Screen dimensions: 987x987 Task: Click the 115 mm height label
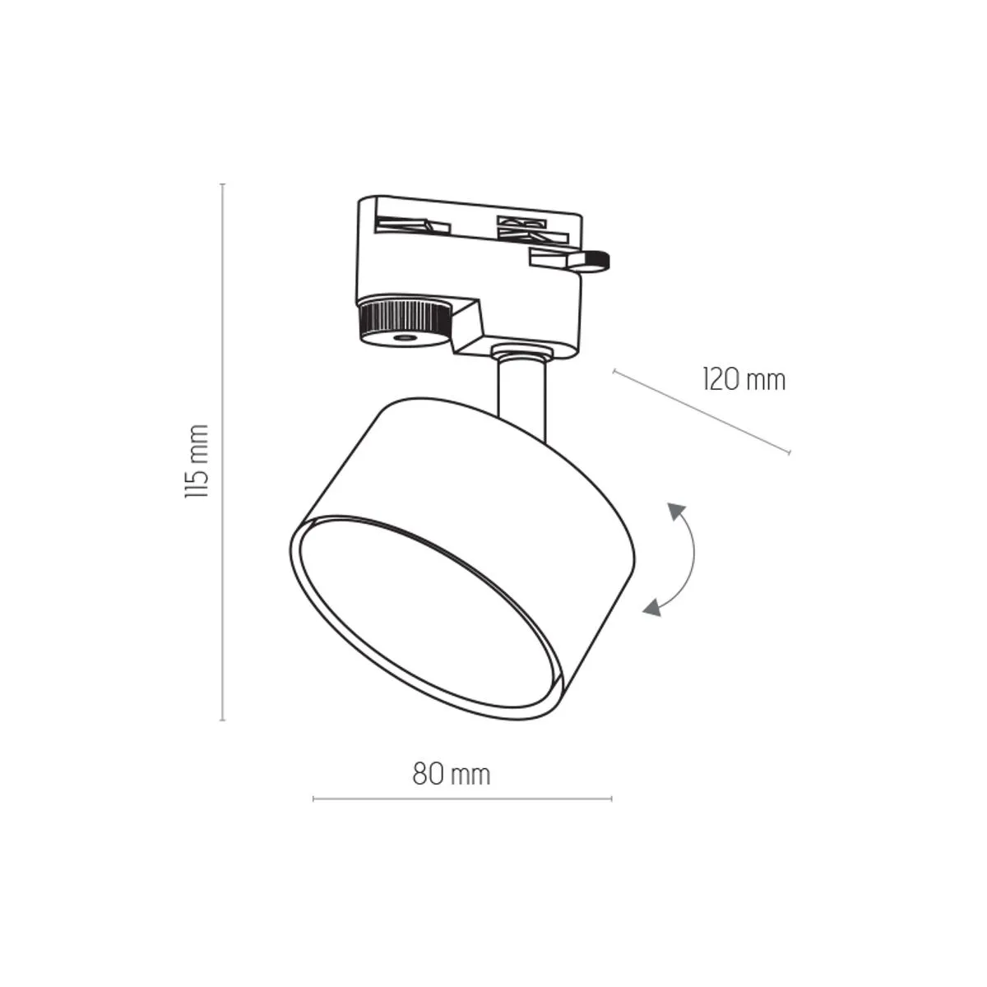click(x=197, y=461)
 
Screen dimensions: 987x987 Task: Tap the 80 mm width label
click(x=452, y=775)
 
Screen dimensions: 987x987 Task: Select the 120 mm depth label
click(x=744, y=380)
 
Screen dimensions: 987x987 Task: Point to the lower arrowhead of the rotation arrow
click(x=652, y=607)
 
